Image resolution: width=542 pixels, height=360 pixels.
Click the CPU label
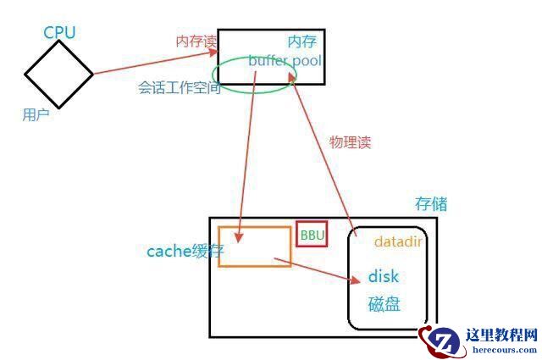59,32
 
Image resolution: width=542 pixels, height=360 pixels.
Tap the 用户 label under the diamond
36,114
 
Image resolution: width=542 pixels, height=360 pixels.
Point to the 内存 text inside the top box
301,41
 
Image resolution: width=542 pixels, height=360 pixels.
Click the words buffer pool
285,61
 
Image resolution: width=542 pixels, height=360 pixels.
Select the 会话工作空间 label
179,88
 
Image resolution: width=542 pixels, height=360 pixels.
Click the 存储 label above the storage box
431,204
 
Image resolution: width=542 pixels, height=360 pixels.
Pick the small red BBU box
312,235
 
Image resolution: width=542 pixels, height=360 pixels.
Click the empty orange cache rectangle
254,246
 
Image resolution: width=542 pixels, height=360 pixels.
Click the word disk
384,277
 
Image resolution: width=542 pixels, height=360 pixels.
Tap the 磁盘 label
384,304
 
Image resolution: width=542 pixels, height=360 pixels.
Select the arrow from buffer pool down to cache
246,152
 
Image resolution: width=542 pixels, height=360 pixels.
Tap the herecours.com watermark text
502,348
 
